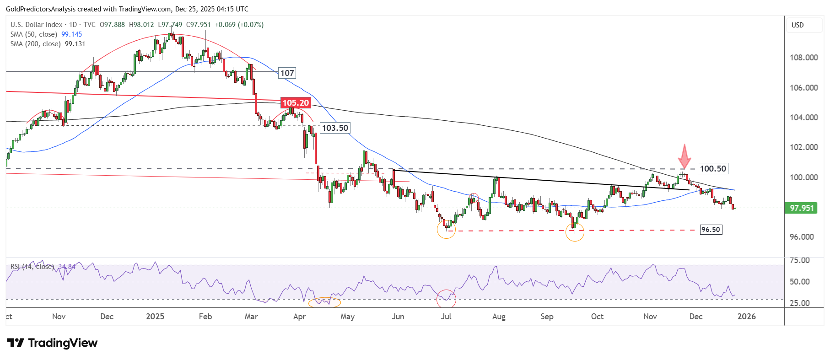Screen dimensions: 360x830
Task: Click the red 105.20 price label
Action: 296,103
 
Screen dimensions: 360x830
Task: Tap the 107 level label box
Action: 287,73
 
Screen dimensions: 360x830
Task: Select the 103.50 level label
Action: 335,128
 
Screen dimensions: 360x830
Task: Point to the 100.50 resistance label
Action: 713,169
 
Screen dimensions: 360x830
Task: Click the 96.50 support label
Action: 711,230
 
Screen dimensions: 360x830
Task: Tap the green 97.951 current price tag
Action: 802,208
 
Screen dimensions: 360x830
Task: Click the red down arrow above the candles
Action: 684,156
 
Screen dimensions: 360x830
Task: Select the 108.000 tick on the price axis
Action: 803,58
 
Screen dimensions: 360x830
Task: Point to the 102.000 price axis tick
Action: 803,147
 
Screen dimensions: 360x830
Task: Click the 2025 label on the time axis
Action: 155,317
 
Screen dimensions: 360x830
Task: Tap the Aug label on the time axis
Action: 499,317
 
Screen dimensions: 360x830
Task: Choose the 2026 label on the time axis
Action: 747,317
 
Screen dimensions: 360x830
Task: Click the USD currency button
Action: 798,25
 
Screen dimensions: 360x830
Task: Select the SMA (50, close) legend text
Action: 34,34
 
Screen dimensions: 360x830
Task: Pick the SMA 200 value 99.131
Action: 75,44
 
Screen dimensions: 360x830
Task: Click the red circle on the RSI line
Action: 446,299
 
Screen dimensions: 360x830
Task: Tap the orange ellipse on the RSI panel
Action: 324,302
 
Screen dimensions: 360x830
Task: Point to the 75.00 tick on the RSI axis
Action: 799,260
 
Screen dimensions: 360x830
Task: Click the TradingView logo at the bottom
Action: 52,343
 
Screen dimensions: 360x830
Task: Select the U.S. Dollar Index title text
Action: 37,25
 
